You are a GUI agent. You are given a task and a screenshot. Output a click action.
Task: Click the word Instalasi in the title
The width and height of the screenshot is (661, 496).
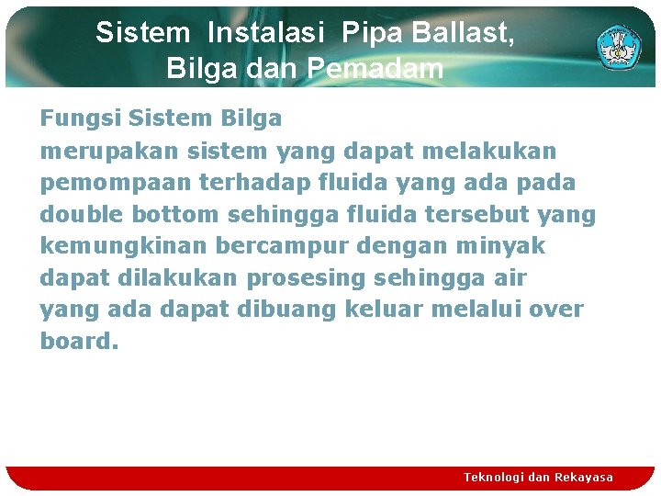click(266, 33)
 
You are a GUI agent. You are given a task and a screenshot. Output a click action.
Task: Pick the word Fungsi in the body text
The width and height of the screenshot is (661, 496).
click(81, 118)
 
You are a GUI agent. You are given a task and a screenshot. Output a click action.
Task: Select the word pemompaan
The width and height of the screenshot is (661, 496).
click(103, 183)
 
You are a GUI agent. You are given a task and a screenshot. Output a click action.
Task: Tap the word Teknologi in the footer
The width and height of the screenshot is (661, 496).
click(494, 477)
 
